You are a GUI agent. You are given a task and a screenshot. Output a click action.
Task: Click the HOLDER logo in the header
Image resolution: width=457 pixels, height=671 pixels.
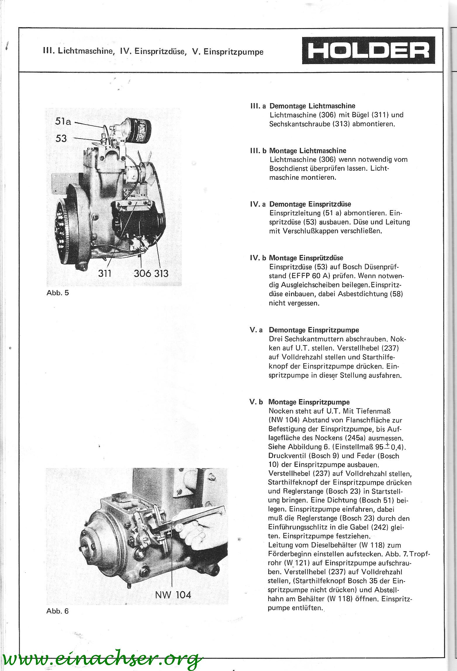(x=368, y=50)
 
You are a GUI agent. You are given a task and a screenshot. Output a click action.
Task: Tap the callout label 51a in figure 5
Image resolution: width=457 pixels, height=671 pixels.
(x=63, y=121)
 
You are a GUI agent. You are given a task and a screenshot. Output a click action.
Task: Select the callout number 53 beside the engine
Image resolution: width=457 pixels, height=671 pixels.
(x=61, y=138)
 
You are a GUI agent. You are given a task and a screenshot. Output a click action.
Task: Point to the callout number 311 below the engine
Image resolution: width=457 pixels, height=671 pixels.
(x=105, y=273)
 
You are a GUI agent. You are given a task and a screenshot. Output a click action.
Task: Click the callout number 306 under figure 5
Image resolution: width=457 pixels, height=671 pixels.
(x=143, y=273)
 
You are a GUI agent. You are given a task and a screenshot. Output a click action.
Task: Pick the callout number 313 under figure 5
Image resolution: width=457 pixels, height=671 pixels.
(x=161, y=273)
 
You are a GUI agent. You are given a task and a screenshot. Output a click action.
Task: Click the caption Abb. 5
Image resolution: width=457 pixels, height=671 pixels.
(x=58, y=293)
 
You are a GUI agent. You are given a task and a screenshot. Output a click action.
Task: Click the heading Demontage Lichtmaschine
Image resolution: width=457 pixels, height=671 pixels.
(x=312, y=106)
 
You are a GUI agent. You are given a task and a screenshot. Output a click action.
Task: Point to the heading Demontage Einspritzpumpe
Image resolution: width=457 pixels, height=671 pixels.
(x=314, y=330)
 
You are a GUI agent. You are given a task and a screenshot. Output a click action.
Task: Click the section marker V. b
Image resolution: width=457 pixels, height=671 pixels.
(x=256, y=402)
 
